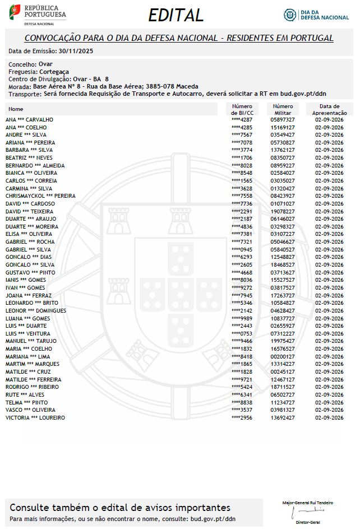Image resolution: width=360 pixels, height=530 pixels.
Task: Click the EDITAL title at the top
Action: pos(176,15)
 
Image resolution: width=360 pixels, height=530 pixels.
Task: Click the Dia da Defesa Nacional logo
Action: pos(316,15)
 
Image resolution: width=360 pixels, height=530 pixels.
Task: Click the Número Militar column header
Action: pos(283,109)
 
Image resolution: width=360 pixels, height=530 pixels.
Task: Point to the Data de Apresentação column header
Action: pos(329,109)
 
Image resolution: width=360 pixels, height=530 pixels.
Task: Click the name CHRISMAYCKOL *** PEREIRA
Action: pos(40,196)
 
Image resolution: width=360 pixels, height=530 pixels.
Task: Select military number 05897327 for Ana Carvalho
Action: pos(283,120)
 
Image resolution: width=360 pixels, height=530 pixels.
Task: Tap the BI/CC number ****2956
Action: pos(242,418)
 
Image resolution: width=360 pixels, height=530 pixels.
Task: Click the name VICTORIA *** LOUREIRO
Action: pos(35,418)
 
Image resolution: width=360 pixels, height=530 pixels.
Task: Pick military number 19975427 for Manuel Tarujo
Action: pos(283,341)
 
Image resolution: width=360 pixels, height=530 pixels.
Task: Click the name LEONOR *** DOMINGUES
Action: pos(36,311)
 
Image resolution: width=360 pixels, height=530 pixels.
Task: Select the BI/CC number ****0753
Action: pos(242,333)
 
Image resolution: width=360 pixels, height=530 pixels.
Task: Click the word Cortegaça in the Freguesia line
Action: pos(54,72)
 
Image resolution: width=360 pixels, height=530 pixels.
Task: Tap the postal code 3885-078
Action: pos(160,86)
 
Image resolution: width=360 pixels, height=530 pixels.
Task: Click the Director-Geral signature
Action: pos(307,512)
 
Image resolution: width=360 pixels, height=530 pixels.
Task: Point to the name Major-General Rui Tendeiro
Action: pos(307,503)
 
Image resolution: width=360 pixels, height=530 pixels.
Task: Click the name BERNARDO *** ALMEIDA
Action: pos(35,166)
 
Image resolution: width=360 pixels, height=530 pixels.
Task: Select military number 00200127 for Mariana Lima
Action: pos(283,356)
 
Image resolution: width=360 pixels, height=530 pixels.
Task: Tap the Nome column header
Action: pos(16,109)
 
